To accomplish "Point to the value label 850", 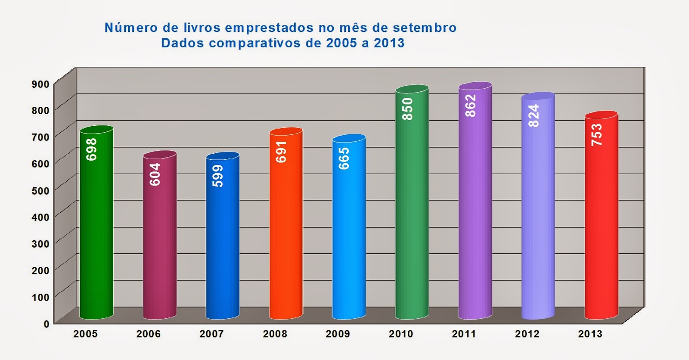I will click(x=407, y=109).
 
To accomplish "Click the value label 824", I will click(x=533, y=115).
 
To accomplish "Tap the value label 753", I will click(x=596, y=134).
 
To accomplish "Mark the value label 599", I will click(x=218, y=176).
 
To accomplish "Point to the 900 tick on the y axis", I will click(x=40, y=84).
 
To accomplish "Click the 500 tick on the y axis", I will click(x=40, y=190).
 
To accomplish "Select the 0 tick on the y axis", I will click(x=47, y=323).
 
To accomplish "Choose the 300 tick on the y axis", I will click(x=40, y=244).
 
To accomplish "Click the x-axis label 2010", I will click(x=400, y=334).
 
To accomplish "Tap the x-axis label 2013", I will click(x=590, y=334).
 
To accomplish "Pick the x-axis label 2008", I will click(x=275, y=334).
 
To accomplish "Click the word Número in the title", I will click(x=131, y=28).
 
